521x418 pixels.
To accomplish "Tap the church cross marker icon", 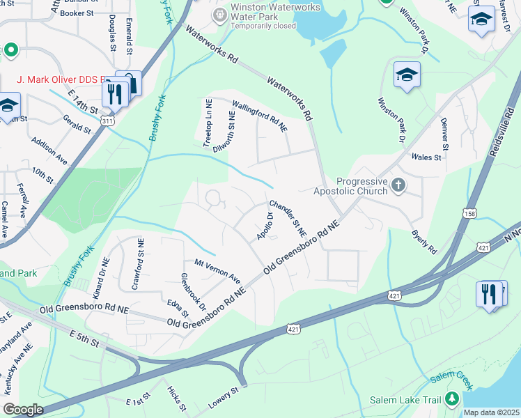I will click(398, 185).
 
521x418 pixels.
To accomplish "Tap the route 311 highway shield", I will click(107, 121).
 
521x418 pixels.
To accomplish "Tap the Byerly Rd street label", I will click(423, 241).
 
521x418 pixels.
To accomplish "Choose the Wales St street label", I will click(427, 157).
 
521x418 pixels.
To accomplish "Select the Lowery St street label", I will click(224, 398).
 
